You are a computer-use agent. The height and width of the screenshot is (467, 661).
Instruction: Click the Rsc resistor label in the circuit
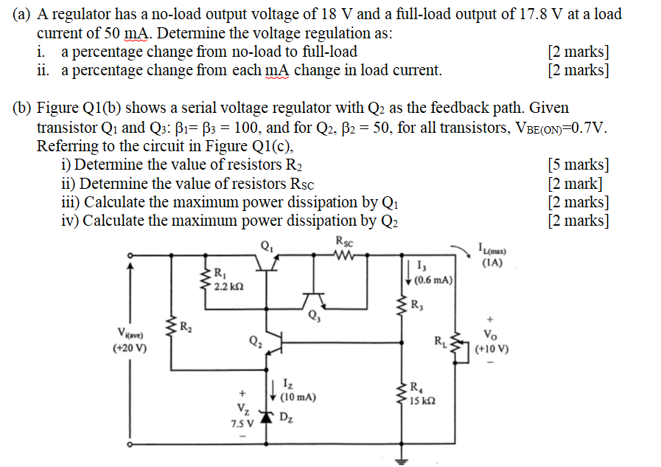click(343, 241)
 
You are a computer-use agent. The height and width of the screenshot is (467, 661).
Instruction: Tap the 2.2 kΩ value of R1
click(225, 286)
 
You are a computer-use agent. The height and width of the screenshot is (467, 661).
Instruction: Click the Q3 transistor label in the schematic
click(315, 318)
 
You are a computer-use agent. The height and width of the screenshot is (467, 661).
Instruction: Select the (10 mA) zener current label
click(298, 397)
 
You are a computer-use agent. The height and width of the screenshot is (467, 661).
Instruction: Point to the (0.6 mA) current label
click(433, 280)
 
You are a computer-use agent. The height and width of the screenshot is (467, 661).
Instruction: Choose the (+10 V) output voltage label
click(492, 348)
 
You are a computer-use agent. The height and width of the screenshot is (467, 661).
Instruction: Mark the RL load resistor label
click(440, 341)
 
